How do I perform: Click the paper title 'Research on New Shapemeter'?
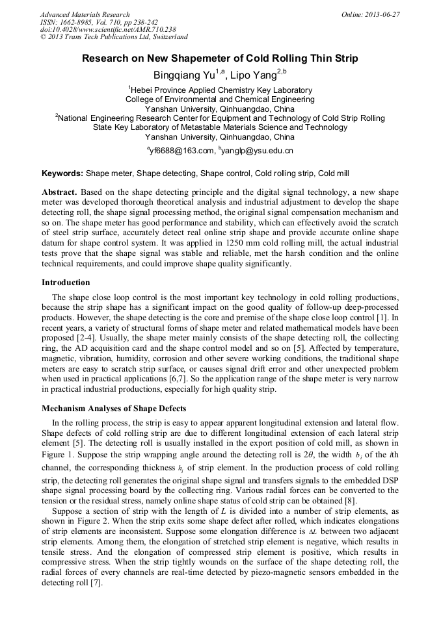coord(220,58)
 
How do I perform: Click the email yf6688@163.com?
coord(182,151)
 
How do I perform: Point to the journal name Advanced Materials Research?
coord(85,14)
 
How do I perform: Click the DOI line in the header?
coord(108,29)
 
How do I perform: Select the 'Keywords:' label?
coord(62,174)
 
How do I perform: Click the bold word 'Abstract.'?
coord(60,193)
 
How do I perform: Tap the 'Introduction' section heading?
coord(66,283)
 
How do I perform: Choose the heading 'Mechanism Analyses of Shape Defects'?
coord(114,409)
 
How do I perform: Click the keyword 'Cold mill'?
coord(334,174)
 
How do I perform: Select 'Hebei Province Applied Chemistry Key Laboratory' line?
coord(220,90)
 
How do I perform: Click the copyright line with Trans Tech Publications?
coord(114,37)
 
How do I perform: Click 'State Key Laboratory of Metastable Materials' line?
coord(220,127)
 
